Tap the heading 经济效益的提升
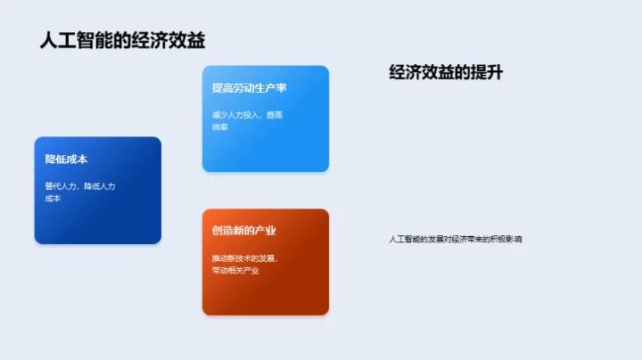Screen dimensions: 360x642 (x=446, y=73)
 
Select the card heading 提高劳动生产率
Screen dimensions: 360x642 (x=249, y=87)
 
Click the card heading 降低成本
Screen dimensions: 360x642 (x=66, y=159)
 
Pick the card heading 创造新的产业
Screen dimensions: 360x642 (x=243, y=230)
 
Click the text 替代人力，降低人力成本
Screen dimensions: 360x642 (x=80, y=192)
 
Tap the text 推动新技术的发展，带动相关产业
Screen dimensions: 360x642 (x=239, y=264)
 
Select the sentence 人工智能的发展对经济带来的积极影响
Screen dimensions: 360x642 (x=456, y=239)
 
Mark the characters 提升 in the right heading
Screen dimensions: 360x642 (x=489, y=73)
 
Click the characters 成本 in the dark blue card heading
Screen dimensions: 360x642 (x=77, y=159)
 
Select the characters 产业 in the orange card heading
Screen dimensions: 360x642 (x=265, y=230)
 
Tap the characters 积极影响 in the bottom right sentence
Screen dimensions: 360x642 (x=506, y=239)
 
